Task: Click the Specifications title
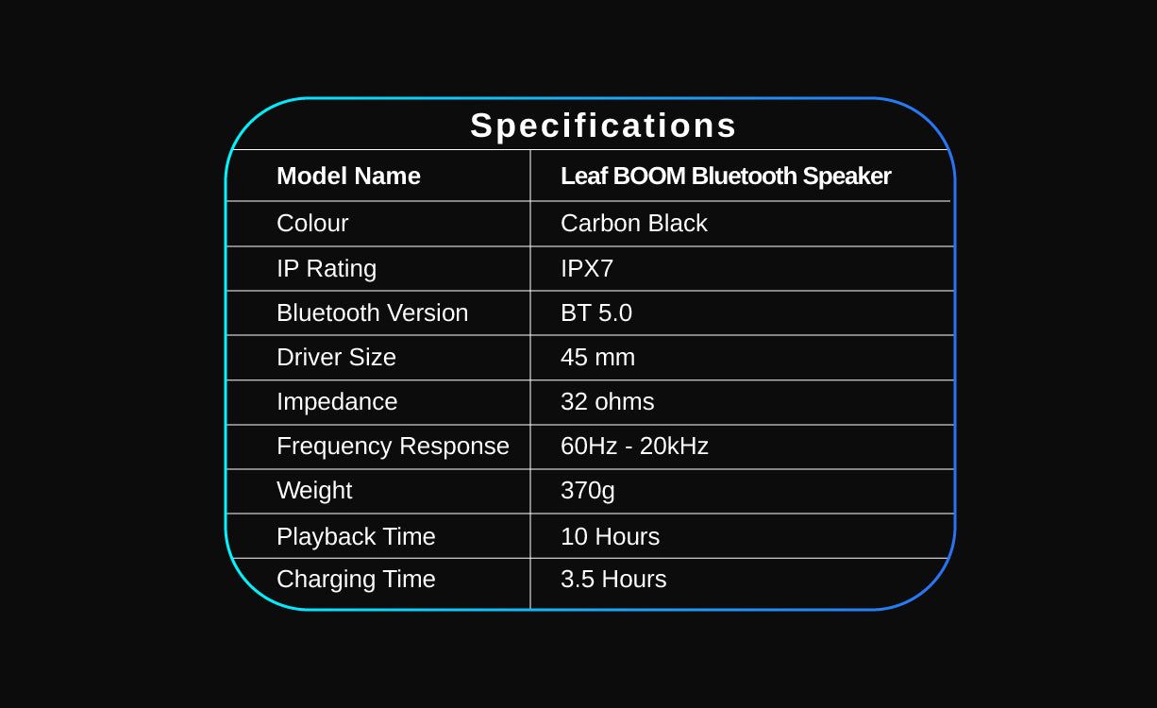(x=603, y=126)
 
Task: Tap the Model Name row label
(x=348, y=176)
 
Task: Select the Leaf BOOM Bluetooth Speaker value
(x=726, y=177)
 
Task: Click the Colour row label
(x=312, y=223)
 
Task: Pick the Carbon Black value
(x=634, y=223)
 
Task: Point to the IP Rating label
(x=327, y=269)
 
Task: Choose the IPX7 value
(x=587, y=269)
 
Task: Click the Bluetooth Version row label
(x=373, y=312)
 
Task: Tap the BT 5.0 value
(x=596, y=312)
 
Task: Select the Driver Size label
(x=336, y=357)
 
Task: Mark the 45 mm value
(x=597, y=357)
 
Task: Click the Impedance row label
(x=337, y=402)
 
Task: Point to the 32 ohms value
(x=608, y=401)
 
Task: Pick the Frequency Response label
(x=394, y=447)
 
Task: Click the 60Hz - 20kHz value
(x=634, y=446)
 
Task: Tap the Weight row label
(x=314, y=491)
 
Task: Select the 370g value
(x=588, y=491)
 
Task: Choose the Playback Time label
(x=356, y=537)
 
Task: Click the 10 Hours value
(x=610, y=536)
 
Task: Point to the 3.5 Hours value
(x=613, y=579)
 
